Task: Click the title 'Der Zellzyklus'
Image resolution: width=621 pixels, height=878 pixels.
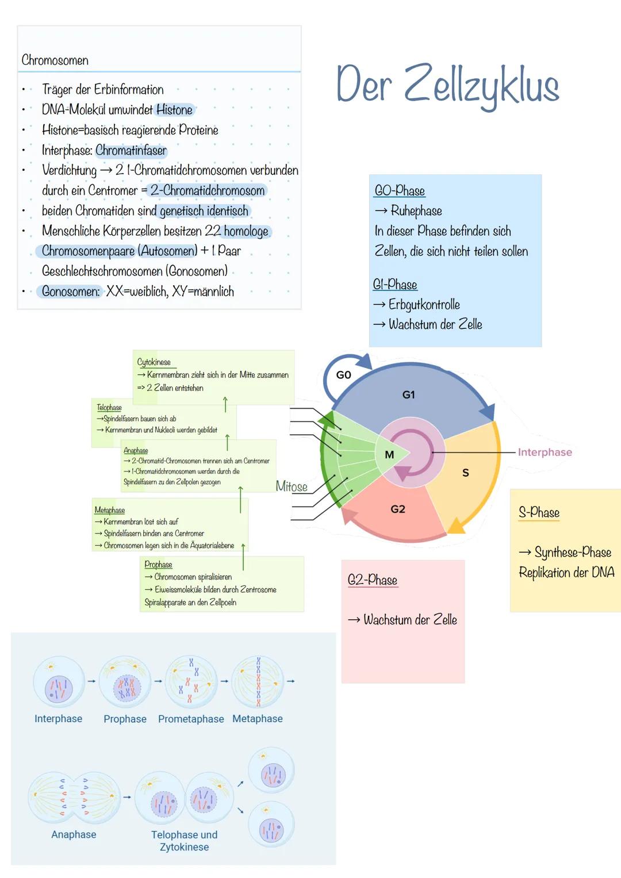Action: click(447, 85)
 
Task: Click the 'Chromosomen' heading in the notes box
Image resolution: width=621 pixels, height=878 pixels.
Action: click(55, 60)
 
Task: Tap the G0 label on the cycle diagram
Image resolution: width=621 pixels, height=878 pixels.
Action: click(343, 375)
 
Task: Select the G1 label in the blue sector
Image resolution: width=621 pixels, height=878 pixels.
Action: click(408, 395)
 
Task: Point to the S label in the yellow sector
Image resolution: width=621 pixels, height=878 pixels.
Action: click(466, 473)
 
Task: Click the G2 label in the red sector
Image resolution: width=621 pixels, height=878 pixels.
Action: click(398, 509)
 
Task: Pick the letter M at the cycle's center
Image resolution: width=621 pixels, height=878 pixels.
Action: click(389, 454)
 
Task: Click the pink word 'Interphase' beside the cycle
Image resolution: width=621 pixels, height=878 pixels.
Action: click(545, 453)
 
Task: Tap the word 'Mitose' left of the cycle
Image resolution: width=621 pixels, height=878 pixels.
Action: click(292, 486)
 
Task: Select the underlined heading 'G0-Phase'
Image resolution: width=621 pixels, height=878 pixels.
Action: click(400, 191)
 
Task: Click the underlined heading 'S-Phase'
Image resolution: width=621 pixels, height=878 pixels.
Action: click(539, 512)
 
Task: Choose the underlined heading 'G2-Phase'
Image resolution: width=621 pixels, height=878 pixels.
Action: click(373, 580)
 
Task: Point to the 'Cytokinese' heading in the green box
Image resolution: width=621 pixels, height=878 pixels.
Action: click(154, 362)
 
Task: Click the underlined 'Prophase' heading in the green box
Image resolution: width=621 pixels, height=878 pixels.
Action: click(158, 565)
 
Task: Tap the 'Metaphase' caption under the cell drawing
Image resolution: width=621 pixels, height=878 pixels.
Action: click(258, 719)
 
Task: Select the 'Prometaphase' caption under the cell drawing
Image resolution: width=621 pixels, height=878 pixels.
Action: click(191, 719)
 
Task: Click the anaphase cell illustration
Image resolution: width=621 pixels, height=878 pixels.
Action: click(74, 797)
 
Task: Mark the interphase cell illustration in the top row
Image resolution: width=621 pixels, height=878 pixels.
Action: click(59, 683)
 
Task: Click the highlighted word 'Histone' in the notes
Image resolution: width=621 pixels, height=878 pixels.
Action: click(175, 110)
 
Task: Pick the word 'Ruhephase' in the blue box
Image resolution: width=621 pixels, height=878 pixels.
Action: click(416, 211)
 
